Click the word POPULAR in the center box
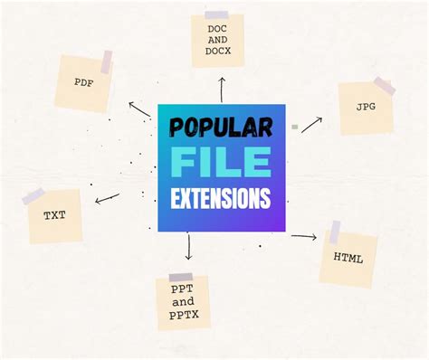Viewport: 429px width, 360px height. tap(221, 128)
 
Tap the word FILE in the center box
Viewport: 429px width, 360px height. tap(221, 163)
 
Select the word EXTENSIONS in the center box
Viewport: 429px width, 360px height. tap(221, 198)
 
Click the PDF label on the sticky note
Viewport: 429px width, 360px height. tap(84, 82)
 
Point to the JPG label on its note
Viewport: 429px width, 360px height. tap(365, 107)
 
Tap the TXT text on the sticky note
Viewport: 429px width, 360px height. tap(54, 216)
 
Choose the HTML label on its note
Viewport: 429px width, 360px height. tap(348, 258)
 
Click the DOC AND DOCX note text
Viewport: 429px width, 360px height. tap(218, 40)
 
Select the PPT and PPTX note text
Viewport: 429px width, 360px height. tap(182, 302)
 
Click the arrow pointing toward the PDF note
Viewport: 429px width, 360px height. tap(139, 109)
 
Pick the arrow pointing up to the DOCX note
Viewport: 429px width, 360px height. tap(221, 89)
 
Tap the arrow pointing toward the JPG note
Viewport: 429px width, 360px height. tap(312, 124)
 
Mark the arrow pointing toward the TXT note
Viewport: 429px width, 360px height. tap(107, 197)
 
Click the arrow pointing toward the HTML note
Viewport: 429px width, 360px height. tap(304, 237)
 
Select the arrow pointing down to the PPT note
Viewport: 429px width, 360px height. tap(188, 246)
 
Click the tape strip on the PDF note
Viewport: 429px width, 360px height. tap(107, 62)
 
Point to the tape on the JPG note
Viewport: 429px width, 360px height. tap(384, 86)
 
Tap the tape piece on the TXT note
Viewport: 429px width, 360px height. tap(33, 196)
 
